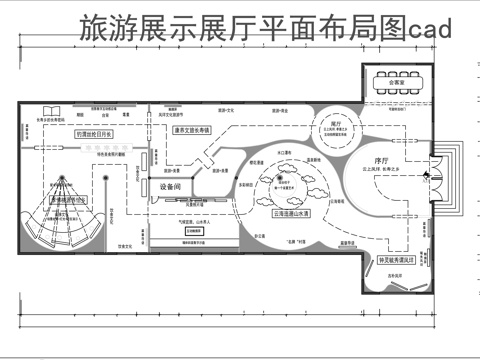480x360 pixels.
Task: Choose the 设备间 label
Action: click(171, 187)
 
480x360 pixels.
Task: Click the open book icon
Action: click(52, 111)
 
